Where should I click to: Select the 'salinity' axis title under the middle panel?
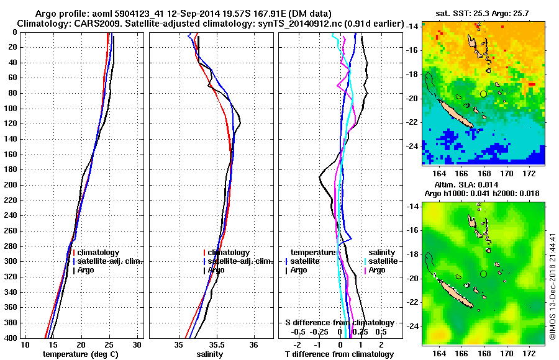(210, 354)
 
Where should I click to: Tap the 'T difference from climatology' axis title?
(339, 354)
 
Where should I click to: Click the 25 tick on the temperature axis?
(109, 344)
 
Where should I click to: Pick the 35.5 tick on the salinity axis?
(216, 344)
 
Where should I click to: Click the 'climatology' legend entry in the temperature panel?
(103, 253)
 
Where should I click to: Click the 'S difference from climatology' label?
(339, 323)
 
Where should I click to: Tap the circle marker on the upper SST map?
(483, 94)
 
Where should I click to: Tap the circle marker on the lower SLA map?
(483, 274)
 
